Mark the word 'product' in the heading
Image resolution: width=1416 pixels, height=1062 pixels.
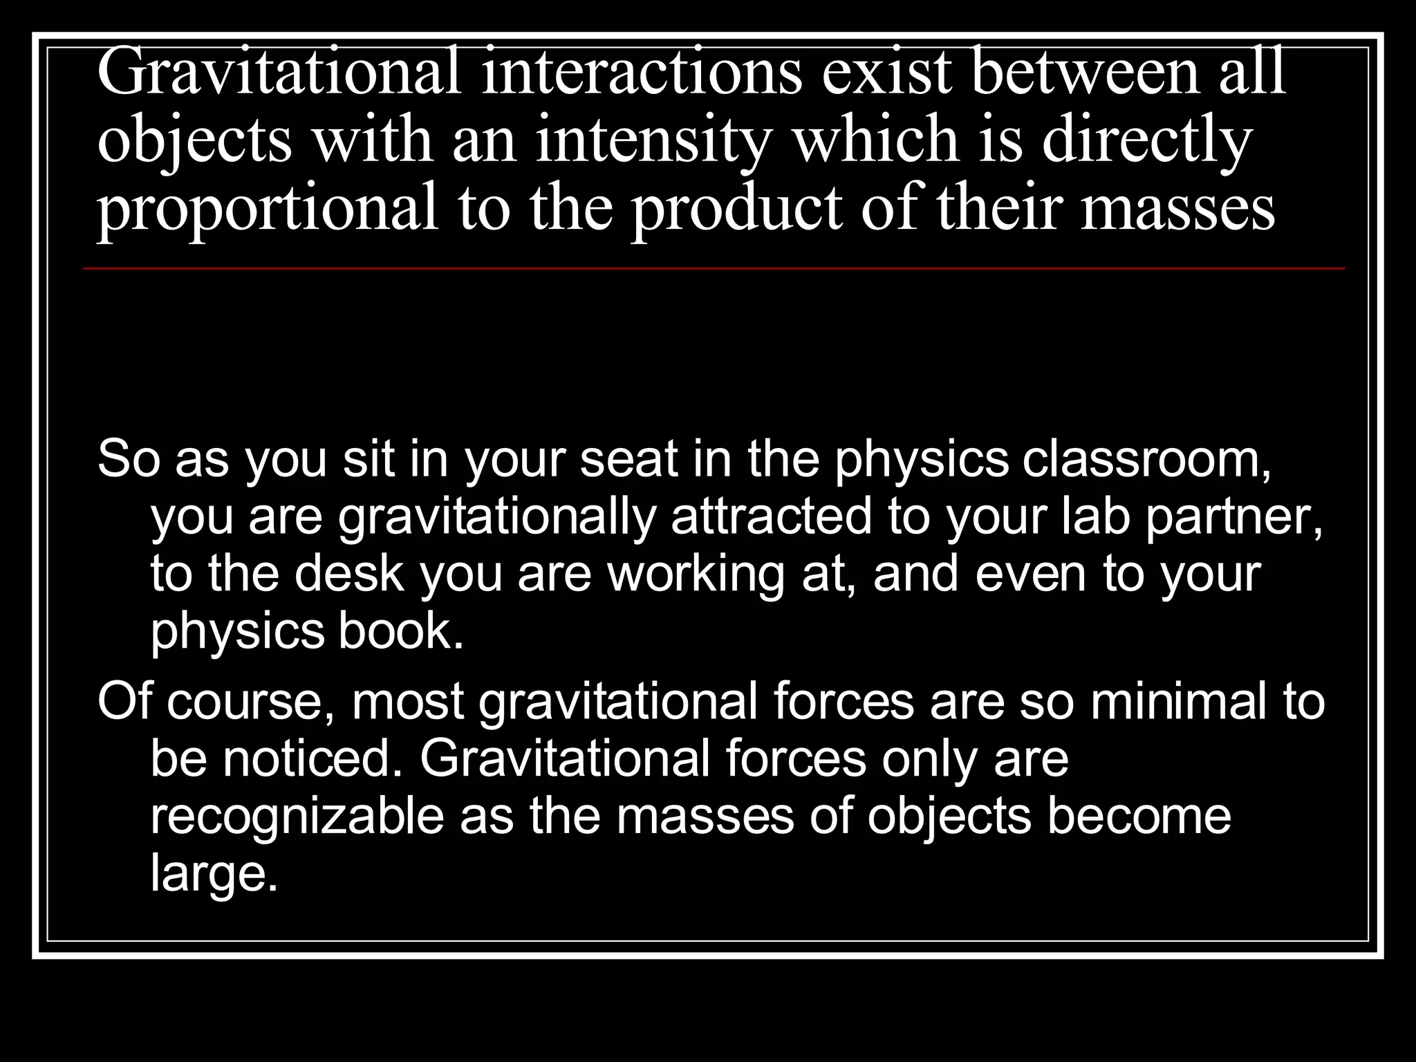(737, 209)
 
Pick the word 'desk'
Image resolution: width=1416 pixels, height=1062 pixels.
(349, 575)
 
